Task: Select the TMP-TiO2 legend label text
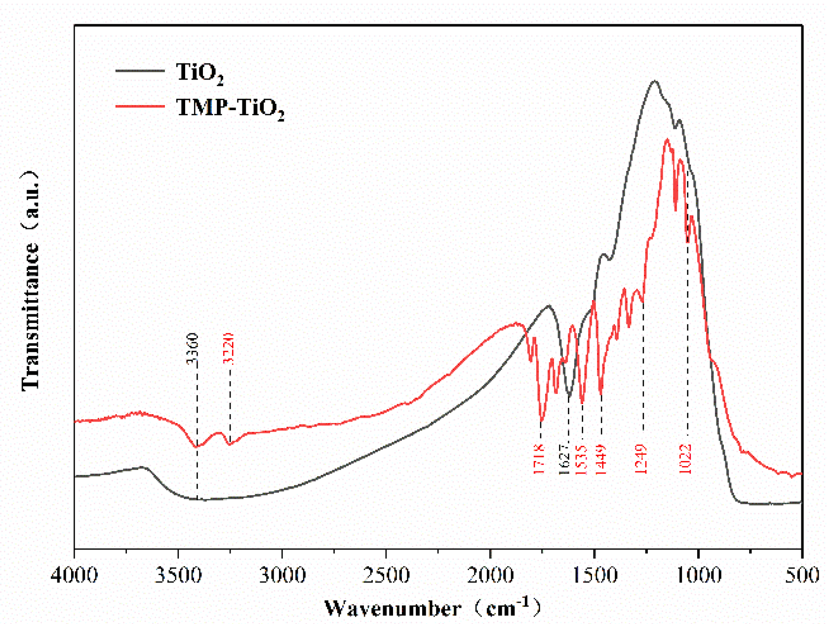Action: pyautogui.click(x=230, y=107)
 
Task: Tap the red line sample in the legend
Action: pyautogui.click(x=140, y=106)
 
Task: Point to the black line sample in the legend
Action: pyautogui.click(x=140, y=71)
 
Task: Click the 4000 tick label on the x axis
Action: pyautogui.click(x=75, y=575)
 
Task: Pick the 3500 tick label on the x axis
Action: pyautogui.click(x=178, y=575)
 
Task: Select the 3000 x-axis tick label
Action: pyautogui.click(x=282, y=575)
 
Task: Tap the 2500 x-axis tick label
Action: pyautogui.click(x=386, y=575)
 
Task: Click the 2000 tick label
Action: pyautogui.click(x=490, y=575)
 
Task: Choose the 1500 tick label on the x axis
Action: pyautogui.click(x=595, y=575)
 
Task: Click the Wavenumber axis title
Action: pyautogui.click(x=432, y=608)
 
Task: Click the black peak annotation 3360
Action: pyautogui.click(x=192, y=349)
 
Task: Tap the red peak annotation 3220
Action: pyautogui.click(x=228, y=349)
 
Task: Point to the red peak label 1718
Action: pyautogui.click(x=539, y=459)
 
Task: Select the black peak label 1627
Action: pyautogui.click(x=564, y=459)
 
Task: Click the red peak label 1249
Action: pyautogui.click(x=640, y=459)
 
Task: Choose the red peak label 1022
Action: pyautogui.click(x=685, y=459)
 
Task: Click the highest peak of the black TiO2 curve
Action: pyautogui.click(x=655, y=81)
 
